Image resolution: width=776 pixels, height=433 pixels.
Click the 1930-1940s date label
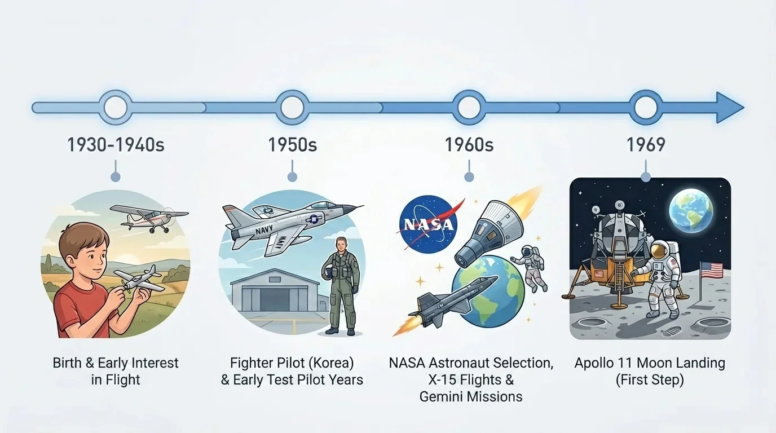(x=116, y=145)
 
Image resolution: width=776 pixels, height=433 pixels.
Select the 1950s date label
(x=292, y=145)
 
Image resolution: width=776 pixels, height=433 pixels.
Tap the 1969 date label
(x=646, y=145)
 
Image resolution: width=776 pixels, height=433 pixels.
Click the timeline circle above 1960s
(x=469, y=107)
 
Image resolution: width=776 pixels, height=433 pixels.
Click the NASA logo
(x=427, y=224)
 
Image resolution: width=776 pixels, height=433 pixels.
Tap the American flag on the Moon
(x=712, y=271)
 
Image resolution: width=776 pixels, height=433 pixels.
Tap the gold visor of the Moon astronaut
(x=659, y=251)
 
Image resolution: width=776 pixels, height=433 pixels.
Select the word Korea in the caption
(x=328, y=363)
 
